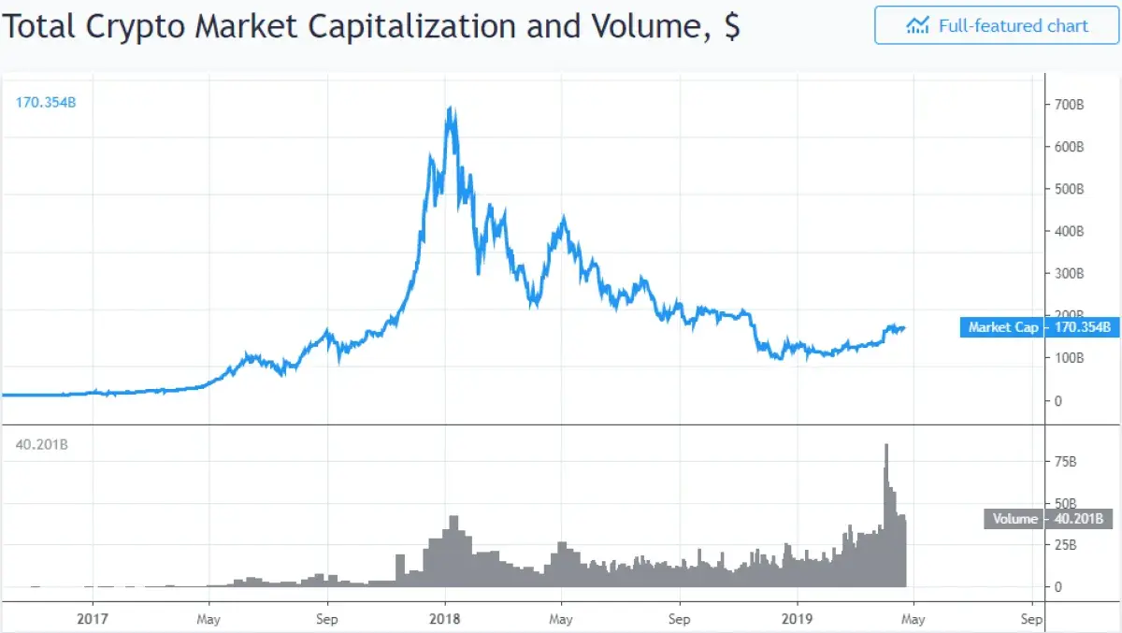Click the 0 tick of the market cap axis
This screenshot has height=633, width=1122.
(1058, 401)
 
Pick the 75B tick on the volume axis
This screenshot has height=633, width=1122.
(1065, 461)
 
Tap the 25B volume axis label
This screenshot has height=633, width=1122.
(1065, 544)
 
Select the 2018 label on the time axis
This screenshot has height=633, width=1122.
(444, 619)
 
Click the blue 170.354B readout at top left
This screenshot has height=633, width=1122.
(45, 102)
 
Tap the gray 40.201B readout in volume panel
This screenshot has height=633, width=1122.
(42, 445)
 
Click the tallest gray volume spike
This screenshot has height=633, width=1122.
(885, 447)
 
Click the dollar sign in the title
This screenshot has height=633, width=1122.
(731, 26)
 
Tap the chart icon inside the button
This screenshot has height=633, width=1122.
(917, 25)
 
